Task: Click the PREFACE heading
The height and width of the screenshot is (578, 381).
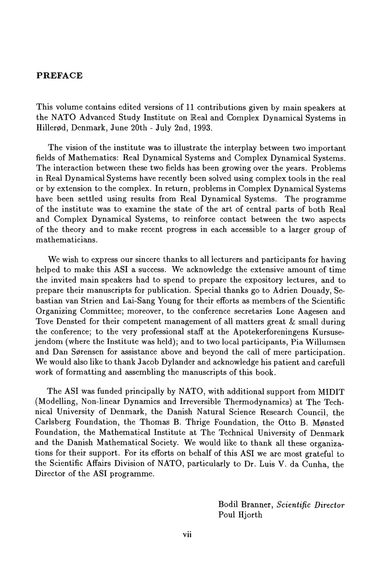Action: coord(59,75)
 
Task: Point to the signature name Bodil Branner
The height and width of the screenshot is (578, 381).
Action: coord(245,505)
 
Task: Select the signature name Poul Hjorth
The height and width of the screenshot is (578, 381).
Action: coord(240,515)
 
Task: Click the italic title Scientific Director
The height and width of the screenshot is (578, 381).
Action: coord(311,505)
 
